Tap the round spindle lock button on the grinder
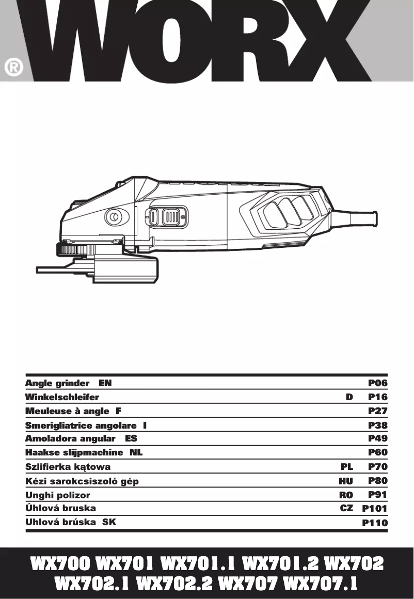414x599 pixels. pyautogui.click(x=113, y=217)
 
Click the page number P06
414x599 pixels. pyautogui.click(x=377, y=383)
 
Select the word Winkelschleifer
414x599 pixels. pyautogui.click(x=62, y=397)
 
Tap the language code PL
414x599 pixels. pyautogui.click(x=347, y=467)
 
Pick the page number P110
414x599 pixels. pyautogui.click(x=375, y=523)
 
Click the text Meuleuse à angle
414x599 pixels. pyautogui.click(x=67, y=411)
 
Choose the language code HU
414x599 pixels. pyautogui.click(x=346, y=481)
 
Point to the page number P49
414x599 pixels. pyautogui.click(x=377, y=438)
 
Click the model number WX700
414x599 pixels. pyautogui.click(x=61, y=563)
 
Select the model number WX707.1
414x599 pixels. pyautogui.click(x=321, y=584)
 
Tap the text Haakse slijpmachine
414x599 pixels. pyautogui.click(x=74, y=453)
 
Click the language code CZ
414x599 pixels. pyautogui.click(x=346, y=508)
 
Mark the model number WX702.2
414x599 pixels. pyautogui.click(x=175, y=584)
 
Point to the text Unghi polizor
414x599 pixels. pyautogui.click(x=58, y=495)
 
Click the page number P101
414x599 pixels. pyautogui.click(x=375, y=508)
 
